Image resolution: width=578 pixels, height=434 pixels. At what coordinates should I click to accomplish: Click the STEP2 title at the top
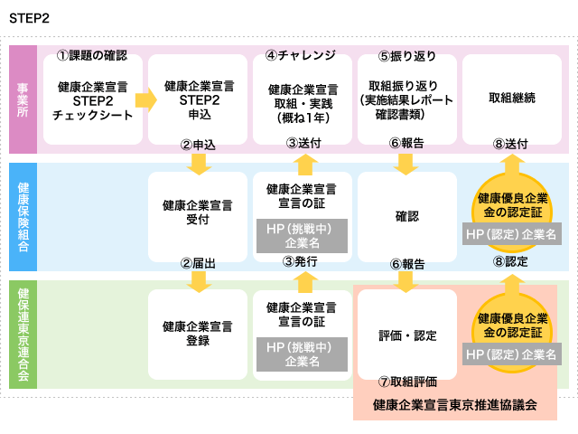point(29,18)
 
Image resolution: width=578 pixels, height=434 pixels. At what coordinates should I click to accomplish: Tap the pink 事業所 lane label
point(23,99)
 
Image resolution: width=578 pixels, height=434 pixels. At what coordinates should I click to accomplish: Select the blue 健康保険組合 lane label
point(23,217)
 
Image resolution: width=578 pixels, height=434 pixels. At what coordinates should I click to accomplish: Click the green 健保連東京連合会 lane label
point(23,335)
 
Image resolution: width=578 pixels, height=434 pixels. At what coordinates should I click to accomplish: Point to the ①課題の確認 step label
point(92,55)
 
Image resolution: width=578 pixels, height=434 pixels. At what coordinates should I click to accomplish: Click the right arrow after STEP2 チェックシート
point(146,99)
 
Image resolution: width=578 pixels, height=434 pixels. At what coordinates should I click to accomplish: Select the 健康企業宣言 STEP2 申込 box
point(198,99)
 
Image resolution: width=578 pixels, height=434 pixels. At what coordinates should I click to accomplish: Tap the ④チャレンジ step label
point(301,55)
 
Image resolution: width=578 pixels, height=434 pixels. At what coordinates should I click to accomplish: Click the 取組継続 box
point(512,99)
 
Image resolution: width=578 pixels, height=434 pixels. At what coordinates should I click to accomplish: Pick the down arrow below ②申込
point(199,165)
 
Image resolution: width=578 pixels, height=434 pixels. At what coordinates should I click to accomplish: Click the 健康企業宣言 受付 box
point(198,217)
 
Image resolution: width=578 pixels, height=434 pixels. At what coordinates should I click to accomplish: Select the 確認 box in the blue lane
point(407,217)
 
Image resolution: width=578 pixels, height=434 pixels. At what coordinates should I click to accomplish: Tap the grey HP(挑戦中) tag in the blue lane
point(302,236)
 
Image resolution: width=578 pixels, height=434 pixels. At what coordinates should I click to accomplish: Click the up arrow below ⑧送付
point(512,165)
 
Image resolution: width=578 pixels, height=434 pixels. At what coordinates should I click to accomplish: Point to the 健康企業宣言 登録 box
point(198,335)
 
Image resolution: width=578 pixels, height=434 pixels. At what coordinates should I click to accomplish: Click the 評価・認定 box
point(407,335)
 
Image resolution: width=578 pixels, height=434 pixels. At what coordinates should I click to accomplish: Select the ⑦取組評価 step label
point(407,382)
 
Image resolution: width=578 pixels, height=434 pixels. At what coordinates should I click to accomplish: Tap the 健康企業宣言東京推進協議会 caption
point(455,405)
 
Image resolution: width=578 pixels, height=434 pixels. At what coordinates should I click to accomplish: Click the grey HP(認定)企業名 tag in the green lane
point(512,354)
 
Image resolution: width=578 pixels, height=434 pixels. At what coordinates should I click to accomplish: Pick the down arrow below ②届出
point(199,282)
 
